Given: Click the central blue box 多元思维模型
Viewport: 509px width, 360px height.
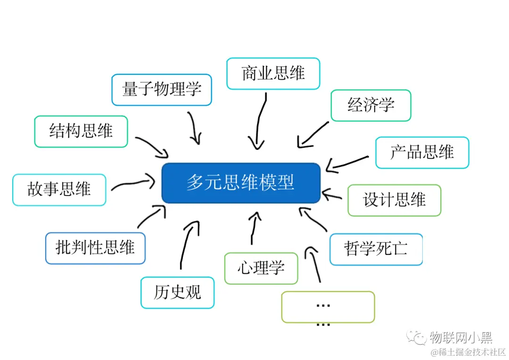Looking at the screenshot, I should [x=241, y=183].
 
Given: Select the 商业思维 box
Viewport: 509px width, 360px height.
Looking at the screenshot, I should [x=273, y=74].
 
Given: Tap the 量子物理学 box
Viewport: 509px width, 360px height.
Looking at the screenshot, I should [x=162, y=90].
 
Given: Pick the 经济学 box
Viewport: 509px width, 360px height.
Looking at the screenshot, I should [x=371, y=105].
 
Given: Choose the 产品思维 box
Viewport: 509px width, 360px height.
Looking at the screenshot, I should [x=422, y=152].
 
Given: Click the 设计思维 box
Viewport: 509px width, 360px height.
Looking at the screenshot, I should [x=394, y=200].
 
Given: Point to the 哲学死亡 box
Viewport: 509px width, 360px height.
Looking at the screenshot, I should [x=376, y=249].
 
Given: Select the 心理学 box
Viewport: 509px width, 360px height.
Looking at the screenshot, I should [x=261, y=268].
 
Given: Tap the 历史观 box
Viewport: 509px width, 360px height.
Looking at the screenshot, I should [x=177, y=293].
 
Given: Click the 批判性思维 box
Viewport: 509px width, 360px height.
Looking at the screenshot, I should [x=95, y=248].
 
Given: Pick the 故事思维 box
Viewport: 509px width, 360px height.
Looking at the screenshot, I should [x=59, y=190].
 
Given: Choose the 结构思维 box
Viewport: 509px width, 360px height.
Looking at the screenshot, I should [x=81, y=131].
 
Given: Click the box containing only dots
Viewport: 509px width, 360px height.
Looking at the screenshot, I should [x=328, y=307].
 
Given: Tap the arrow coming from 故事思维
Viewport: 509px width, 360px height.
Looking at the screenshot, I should [x=133, y=183].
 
